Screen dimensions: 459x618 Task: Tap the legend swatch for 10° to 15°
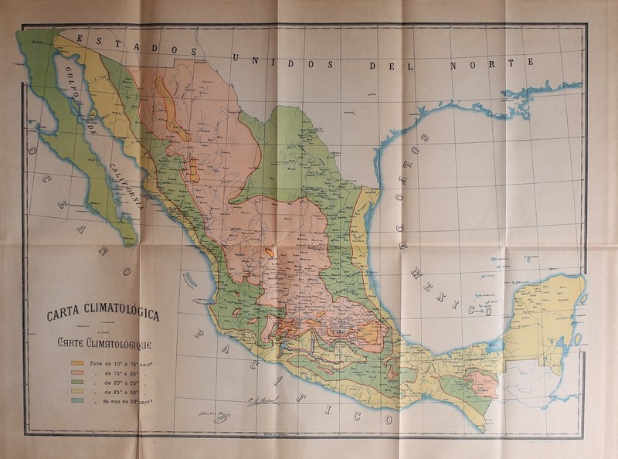click(x=77, y=362)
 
